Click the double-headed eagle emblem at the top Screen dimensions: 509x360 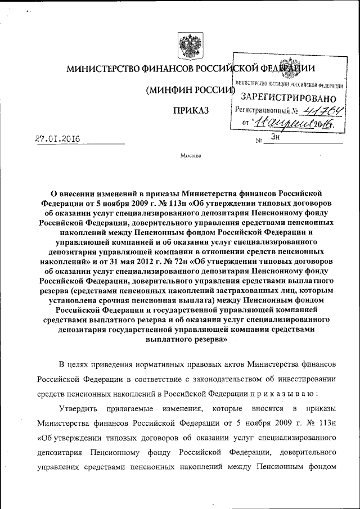(186, 44)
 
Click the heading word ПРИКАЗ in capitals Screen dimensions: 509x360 (191, 110)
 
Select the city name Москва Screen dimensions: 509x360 (191, 156)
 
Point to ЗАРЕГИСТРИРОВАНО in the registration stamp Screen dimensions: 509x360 (289, 97)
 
